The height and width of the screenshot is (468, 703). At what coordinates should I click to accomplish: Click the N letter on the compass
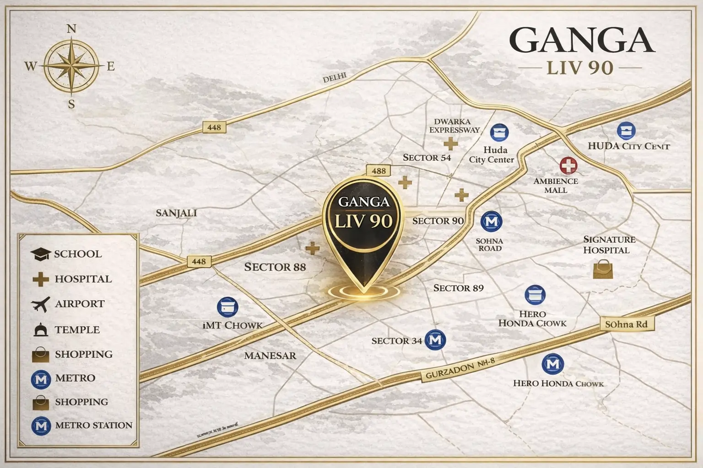71,29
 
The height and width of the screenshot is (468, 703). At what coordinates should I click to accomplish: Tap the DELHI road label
335,78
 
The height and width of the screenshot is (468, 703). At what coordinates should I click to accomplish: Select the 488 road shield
379,170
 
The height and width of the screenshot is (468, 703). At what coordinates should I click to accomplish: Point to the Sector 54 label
427,158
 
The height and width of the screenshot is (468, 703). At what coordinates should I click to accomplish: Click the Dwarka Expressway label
454,126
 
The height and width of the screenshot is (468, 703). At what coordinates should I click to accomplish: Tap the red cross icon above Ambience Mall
568,165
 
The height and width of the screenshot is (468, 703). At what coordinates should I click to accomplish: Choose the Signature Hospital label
609,245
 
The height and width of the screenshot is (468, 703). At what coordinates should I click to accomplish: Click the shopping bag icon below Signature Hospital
603,269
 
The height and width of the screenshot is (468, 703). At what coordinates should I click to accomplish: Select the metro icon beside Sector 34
435,340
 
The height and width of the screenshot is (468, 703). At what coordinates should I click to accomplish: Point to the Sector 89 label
458,288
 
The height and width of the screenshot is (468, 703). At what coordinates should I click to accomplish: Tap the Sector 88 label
275,267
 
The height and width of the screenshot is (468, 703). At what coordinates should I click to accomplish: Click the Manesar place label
270,356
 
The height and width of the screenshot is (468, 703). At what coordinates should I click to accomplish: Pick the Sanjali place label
176,213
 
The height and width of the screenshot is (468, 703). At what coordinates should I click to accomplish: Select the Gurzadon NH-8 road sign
460,369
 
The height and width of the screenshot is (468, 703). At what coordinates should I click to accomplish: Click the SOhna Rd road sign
626,324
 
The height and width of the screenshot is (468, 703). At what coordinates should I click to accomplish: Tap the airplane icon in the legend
41,304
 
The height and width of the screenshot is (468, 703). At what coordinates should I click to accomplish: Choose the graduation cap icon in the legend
40,254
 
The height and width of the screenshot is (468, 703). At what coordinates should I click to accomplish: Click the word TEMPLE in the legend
77,330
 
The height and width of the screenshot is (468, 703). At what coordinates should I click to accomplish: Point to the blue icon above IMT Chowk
227,307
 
